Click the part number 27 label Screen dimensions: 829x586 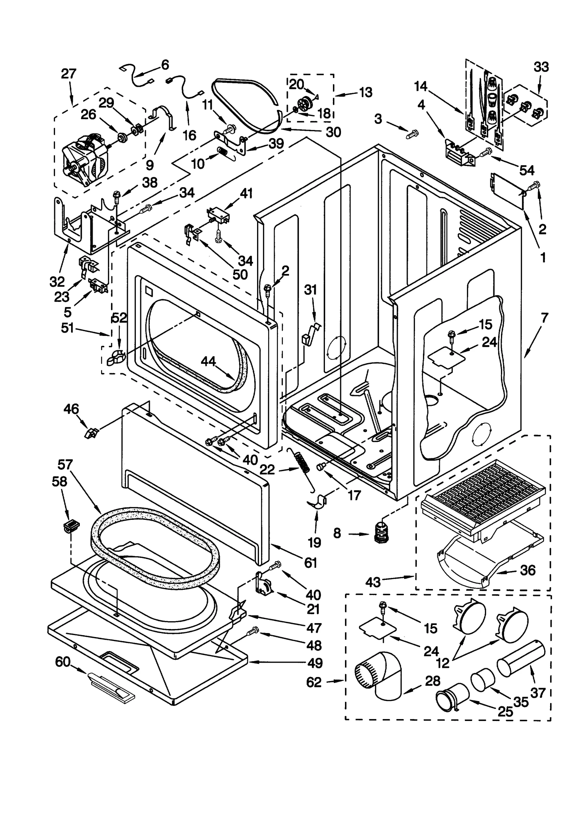68,74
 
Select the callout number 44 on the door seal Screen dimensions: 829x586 208,362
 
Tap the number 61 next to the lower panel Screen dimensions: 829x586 311,563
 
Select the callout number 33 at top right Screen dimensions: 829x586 541,67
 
